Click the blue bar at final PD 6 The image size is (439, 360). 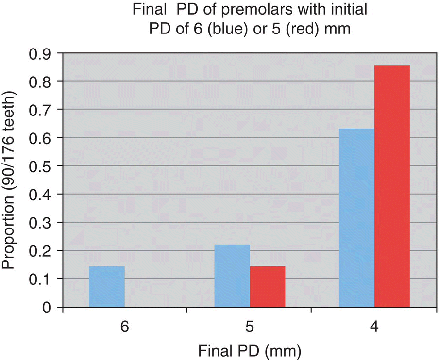(x=107, y=286)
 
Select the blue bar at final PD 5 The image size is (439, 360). (x=232, y=276)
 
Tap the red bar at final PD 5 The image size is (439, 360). (x=267, y=286)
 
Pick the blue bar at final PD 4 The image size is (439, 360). (x=356, y=218)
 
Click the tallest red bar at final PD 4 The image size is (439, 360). (x=392, y=186)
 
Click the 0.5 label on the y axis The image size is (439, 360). (x=41, y=166)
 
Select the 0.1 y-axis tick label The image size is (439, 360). (x=41, y=279)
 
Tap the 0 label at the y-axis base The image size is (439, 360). (x=47, y=307)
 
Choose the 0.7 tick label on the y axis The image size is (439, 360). (x=41, y=110)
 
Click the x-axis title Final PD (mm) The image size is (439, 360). (x=249, y=349)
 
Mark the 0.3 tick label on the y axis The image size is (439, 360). (x=41, y=223)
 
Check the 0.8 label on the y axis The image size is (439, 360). (x=41, y=81)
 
